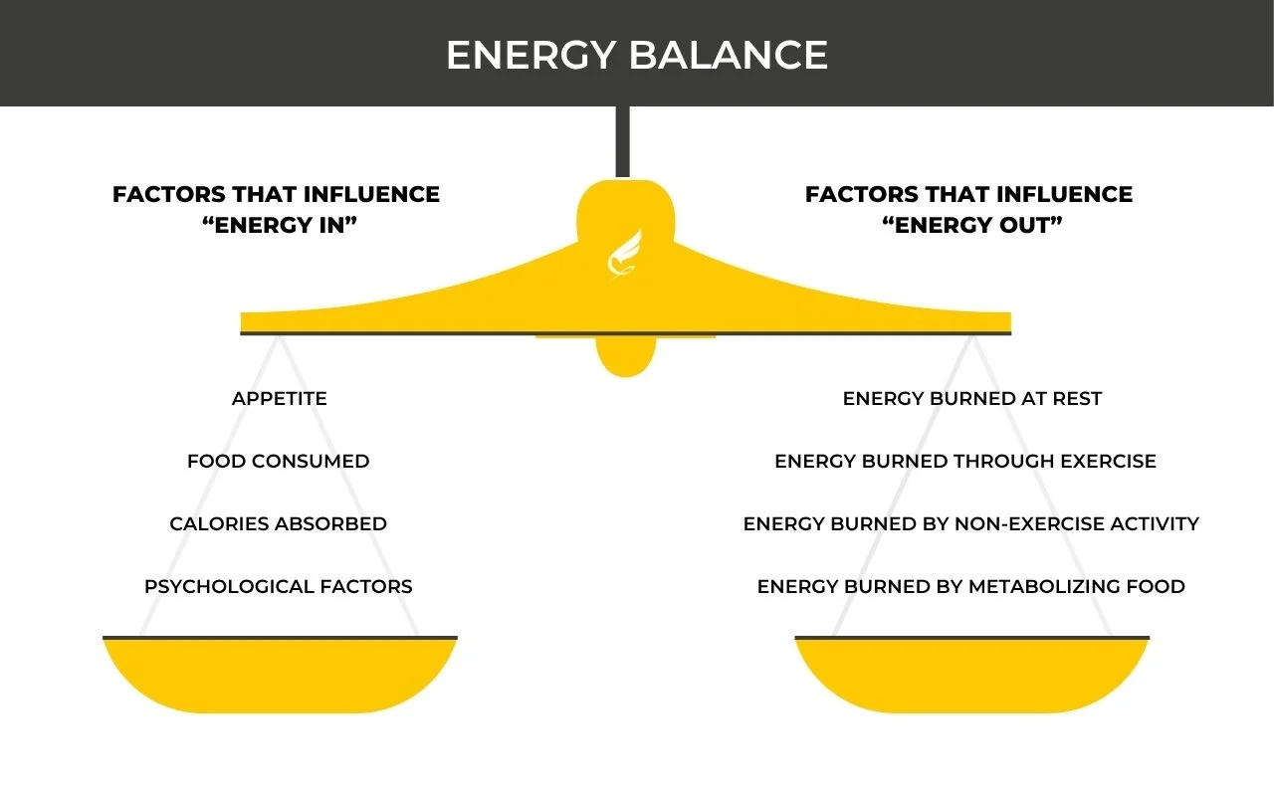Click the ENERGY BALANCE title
(x=637, y=55)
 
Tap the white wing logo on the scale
(x=626, y=254)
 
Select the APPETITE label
(x=280, y=399)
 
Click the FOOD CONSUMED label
(x=279, y=462)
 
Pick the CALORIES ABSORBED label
(x=279, y=524)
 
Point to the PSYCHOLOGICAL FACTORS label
(x=279, y=587)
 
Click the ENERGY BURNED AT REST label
(x=972, y=399)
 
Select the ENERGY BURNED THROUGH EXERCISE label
(x=965, y=462)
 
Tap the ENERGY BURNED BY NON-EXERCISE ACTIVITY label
(x=971, y=524)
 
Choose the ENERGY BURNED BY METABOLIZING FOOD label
(x=971, y=587)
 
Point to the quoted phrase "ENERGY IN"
(x=280, y=226)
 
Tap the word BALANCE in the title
(x=730, y=55)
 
